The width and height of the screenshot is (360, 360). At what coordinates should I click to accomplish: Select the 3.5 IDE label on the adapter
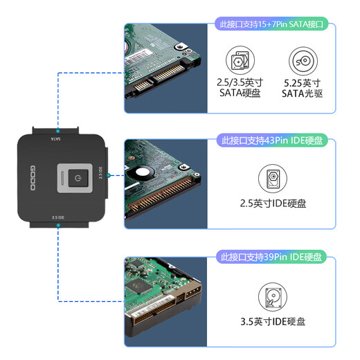(x=58, y=217)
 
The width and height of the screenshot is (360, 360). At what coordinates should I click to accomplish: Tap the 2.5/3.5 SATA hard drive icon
(x=239, y=60)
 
